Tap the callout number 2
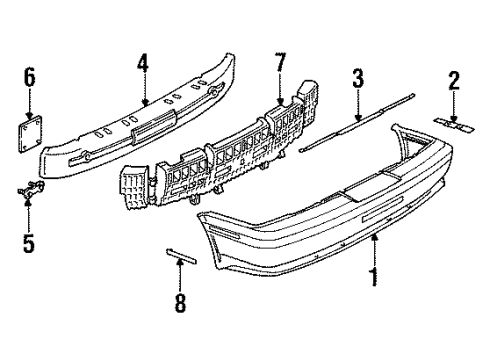453,81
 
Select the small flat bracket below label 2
454,124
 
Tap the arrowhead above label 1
374,239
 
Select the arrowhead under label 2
453,115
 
